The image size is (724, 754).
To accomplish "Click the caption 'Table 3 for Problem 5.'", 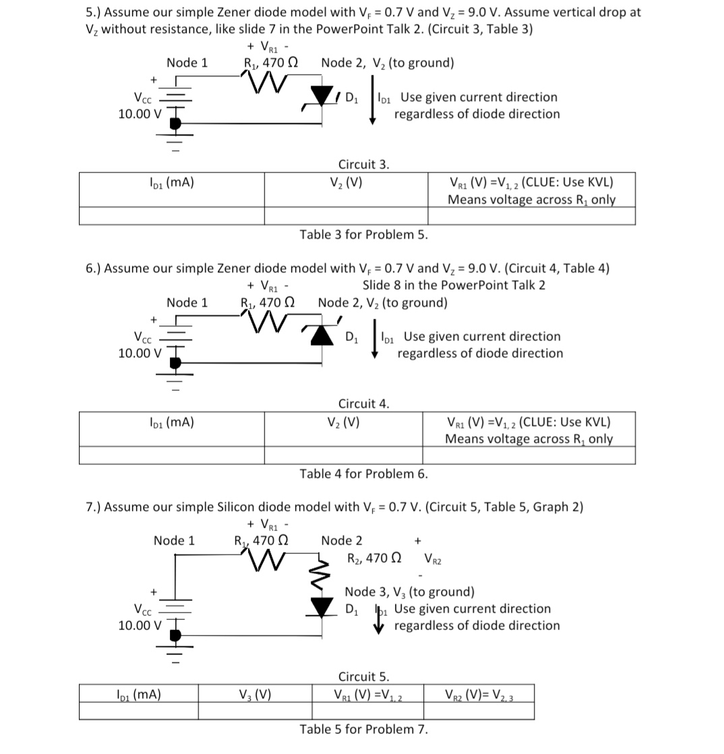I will coord(364,234).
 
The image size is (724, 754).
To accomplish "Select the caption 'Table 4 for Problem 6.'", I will coord(364,474).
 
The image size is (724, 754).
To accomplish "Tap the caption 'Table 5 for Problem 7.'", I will coord(364,729).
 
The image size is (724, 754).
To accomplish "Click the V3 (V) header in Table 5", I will coord(255,693).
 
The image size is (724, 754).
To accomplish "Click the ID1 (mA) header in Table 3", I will coord(171,182).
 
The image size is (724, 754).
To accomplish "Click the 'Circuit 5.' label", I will coord(363,677).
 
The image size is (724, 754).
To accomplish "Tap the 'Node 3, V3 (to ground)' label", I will coord(409,592).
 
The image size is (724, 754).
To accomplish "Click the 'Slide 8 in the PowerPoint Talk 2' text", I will coord(454,285).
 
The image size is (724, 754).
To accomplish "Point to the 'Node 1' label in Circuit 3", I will coord(187,63).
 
